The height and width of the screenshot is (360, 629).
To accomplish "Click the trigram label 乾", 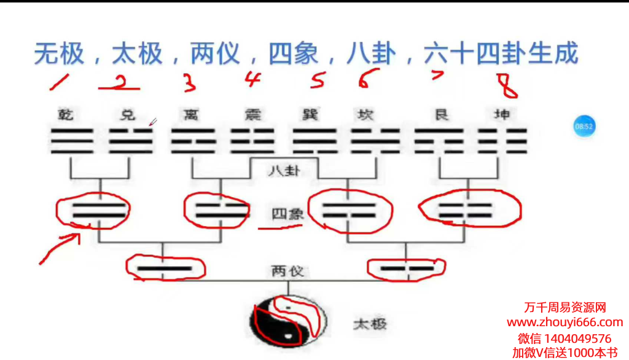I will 66,114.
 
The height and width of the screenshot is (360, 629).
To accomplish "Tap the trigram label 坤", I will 502,114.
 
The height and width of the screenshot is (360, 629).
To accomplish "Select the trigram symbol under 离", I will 193,141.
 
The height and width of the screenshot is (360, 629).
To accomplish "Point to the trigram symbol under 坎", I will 375,141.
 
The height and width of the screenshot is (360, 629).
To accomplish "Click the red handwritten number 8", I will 508,85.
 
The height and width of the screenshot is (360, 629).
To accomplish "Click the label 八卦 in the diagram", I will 284,170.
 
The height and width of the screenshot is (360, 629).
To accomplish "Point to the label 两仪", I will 287,271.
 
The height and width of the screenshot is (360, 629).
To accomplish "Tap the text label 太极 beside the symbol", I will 370,324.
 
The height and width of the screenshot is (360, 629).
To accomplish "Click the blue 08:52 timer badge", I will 584,126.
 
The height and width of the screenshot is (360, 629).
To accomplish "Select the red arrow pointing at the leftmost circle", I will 60,247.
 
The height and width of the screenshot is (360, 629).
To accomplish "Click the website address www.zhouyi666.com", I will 565,323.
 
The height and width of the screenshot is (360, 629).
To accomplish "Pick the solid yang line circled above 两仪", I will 163,268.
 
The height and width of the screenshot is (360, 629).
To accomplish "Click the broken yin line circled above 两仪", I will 406,268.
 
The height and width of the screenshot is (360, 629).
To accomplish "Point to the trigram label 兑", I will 127,114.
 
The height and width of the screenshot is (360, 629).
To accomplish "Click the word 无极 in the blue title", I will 58,54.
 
